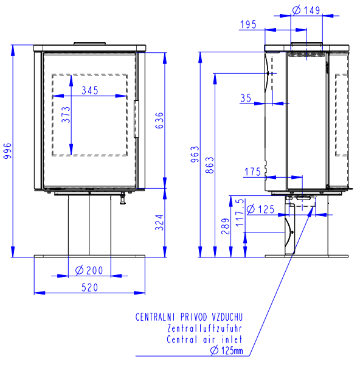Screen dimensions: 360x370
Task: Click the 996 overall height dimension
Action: click(x=7, y=150)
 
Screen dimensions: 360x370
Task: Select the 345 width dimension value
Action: click(x=90, y=91)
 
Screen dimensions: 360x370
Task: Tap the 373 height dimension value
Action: click(x=66, y=114)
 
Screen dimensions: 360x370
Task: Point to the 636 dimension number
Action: click(x=159, y=120)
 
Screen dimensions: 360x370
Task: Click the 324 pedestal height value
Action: click(x=159, y=223)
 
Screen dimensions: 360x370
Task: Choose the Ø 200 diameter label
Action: click(x=89, y=270)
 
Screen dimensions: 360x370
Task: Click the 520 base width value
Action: click(x=89, y=287)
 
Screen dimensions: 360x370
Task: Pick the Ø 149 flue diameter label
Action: click(x=306, y=10)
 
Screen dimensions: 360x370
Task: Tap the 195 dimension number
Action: click(x=248, y=24)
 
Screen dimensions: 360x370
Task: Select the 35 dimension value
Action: click(x=246, y=98)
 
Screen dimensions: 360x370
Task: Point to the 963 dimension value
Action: click(x=195, y=155)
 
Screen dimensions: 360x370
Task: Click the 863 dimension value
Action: click(x=210, y=165)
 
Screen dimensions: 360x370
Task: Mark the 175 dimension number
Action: click(x=252, y=172)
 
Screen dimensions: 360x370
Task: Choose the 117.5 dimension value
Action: click(x=240, y=212)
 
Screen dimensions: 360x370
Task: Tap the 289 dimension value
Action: click(x=226, y=226)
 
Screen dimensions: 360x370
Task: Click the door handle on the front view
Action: click(x=136, y=119)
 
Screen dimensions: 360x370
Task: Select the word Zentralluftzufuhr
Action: click(x=204, y=329)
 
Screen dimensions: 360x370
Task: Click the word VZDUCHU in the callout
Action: click(x=227, y=317)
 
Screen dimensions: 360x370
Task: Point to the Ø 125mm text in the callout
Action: click(x=226, y=351)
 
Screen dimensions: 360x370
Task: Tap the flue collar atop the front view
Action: click(x=89, y=43)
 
